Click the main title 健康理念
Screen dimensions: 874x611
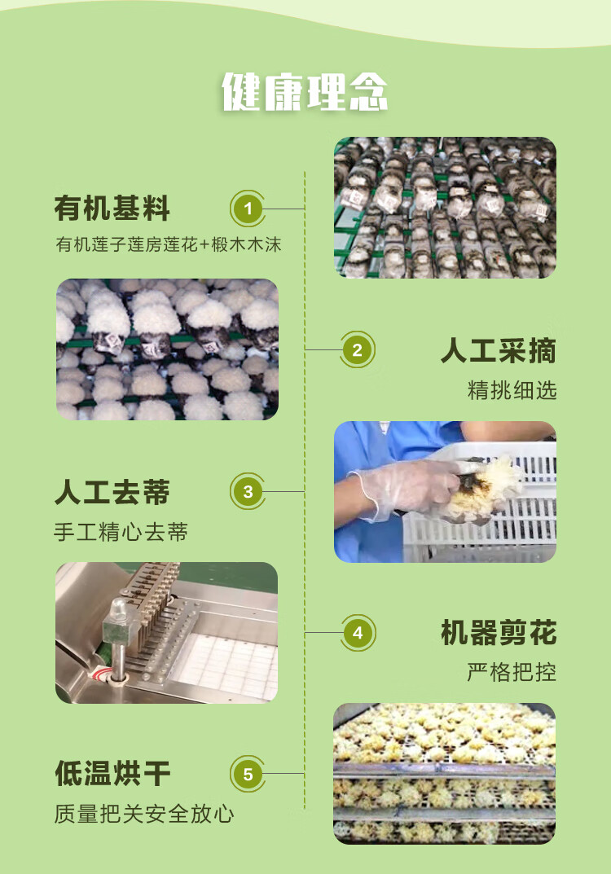(x=305, y=92)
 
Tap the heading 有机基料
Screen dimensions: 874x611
(x=112, y=209)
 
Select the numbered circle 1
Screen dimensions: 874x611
(x=248, y=209)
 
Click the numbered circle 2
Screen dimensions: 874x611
(x=357, y=351)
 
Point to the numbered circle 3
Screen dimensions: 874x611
(x=248, y=492)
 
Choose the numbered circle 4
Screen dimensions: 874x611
(x=357, y=633)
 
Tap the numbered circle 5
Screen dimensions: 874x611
(x=248, y=774)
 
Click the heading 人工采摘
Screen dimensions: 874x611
(x=498, y=351)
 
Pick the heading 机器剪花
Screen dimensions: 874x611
(x=498, y=633)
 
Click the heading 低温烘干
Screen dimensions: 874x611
(x=112, y=773)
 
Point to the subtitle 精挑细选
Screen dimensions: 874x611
(x=512, y=390)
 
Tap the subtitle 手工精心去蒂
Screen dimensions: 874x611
(x=121, y=533)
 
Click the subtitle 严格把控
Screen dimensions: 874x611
(x=512, y=673)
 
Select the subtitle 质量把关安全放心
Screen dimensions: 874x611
(x=143, y=813)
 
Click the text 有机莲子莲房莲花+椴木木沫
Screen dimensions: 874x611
(x=168, y=244)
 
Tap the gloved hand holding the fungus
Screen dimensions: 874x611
(x=403, y=489)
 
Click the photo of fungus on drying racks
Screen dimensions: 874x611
(x=444, y=773)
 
